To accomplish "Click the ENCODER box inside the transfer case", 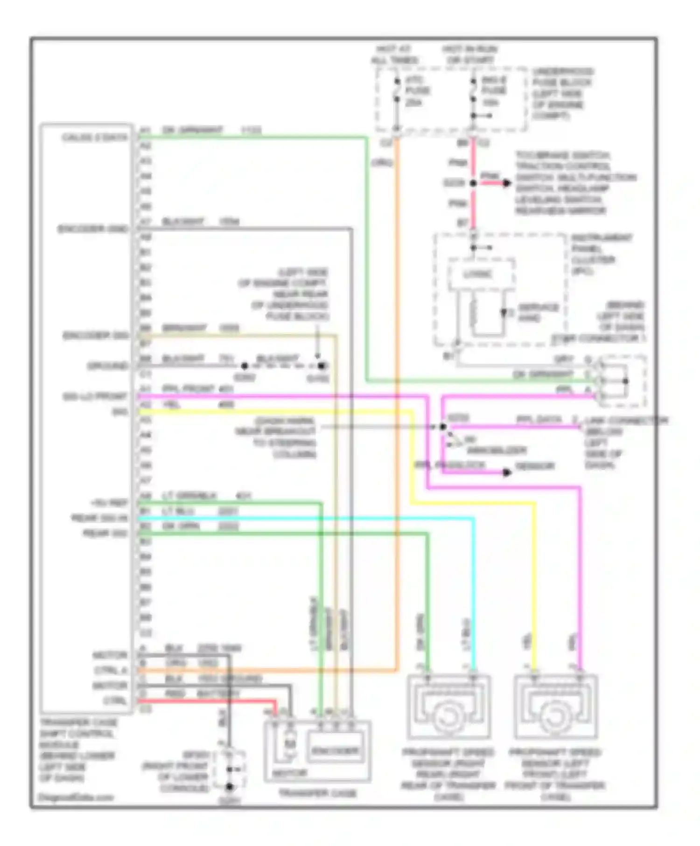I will [x=335, y=750].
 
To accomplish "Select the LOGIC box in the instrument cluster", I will [x=481, y=274].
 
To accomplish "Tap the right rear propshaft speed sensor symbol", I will [x=448, y=707].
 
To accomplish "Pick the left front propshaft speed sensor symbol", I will [x=555, y=707].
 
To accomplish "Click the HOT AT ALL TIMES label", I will [x=395, y=55].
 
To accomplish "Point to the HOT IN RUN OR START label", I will [x=469, y=55].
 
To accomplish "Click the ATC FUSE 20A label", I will [x=416, y=91].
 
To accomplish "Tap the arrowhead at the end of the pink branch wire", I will [x=507, y=183].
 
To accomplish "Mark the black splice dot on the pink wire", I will [x=473, y=183].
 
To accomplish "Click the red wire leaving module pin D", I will [x=205, y=700].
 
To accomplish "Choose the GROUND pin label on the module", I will [x=107, y=366].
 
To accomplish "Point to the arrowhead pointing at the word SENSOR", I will [x=507, y=472].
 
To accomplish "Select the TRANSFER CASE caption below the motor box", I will [x=317, y=793].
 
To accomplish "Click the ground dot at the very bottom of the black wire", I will [x=229, y=787].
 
